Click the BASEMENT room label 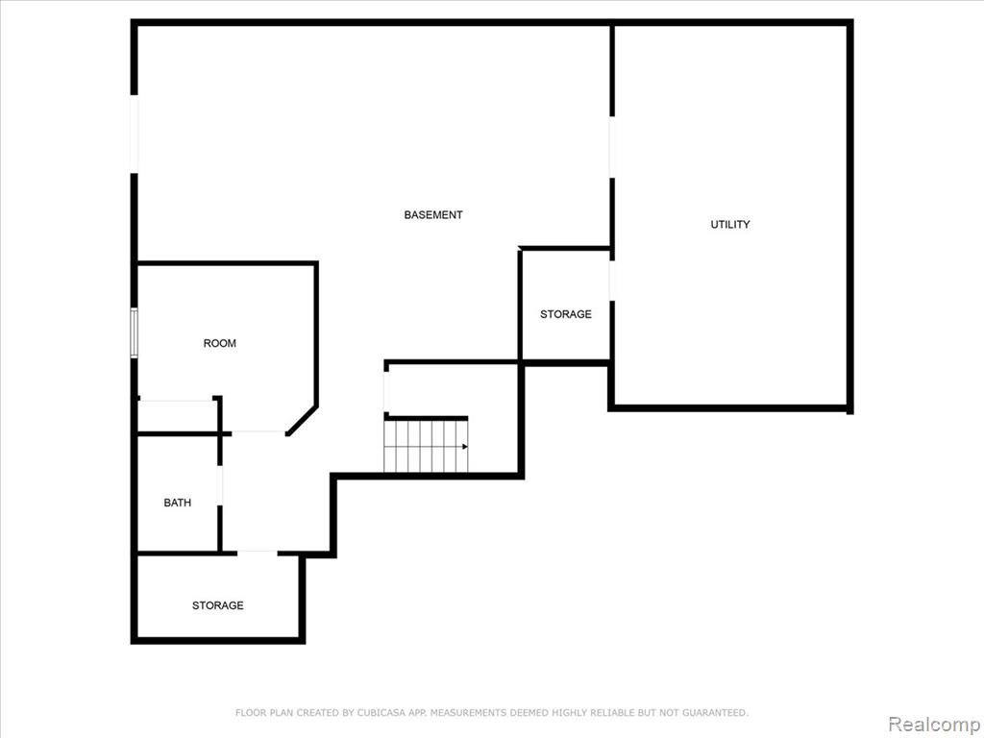(433, 214)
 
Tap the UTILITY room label (730, 224)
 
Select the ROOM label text (220, 343)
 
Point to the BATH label (178, 503)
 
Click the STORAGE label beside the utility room (565, 314)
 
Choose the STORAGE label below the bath (218, 605)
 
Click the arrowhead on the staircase (465, 447)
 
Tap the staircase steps (426, 446)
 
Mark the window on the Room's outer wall (134, 332)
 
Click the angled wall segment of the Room (303, 420)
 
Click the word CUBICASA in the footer (381, 712)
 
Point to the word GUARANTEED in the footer (715, 712)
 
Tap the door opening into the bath (220, 484)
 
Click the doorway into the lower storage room (257, 553)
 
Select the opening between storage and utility (612, 281)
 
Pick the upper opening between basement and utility (612, 147)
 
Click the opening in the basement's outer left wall (134, 134)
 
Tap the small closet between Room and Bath (177, 415)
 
